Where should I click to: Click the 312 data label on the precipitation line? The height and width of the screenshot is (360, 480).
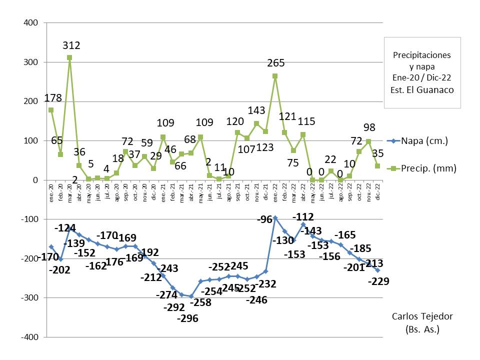(71, 45)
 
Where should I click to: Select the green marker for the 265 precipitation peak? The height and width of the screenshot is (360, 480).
(275, 76)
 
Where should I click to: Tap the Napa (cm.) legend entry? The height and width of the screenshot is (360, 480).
(424, 141)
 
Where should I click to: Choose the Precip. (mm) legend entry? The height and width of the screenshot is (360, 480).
(429, 168)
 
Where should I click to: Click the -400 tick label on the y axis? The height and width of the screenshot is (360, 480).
(29, 337)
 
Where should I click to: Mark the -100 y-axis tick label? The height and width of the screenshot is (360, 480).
(29, 219)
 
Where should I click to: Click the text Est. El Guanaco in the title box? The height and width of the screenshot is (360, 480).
(422, 90)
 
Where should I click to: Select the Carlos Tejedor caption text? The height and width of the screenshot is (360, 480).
(422, 316)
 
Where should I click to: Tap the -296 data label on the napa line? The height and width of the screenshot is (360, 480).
(187, 318)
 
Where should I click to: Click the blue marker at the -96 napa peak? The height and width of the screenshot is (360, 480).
(275, 218)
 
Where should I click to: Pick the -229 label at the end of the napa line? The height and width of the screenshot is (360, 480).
(378, 281)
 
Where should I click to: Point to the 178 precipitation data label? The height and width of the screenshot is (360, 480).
(52, 97)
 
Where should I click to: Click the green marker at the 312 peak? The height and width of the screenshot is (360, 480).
(69, 57)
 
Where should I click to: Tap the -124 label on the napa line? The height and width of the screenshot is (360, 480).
(65, 228)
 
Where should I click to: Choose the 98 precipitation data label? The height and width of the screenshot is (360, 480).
(369, 127)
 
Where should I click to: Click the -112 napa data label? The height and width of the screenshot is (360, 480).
(303, 217)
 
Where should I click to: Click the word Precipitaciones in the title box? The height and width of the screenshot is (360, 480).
(422, 55)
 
